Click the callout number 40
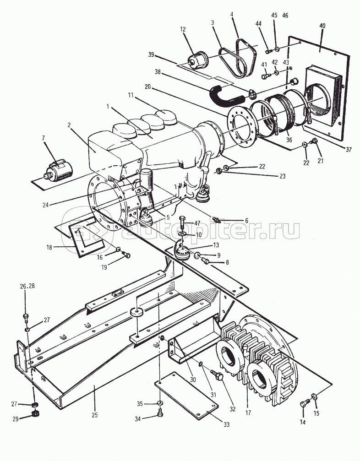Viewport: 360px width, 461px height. (322, 26)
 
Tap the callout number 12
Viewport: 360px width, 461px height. (183, 29)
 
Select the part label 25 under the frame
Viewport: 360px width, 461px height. (94, 415)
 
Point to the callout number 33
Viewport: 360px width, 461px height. (226, 424)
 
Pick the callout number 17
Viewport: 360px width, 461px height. (248, 413)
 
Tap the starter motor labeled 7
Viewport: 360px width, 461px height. (58, 171)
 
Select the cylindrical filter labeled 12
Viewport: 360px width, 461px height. (198, 60)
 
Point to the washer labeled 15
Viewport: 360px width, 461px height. (314, 397)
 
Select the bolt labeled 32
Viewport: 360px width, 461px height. (218, 374)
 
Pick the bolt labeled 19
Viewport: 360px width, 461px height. (126, 255)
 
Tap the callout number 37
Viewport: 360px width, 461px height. (349, 150)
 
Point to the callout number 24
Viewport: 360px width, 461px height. (45, 205)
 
